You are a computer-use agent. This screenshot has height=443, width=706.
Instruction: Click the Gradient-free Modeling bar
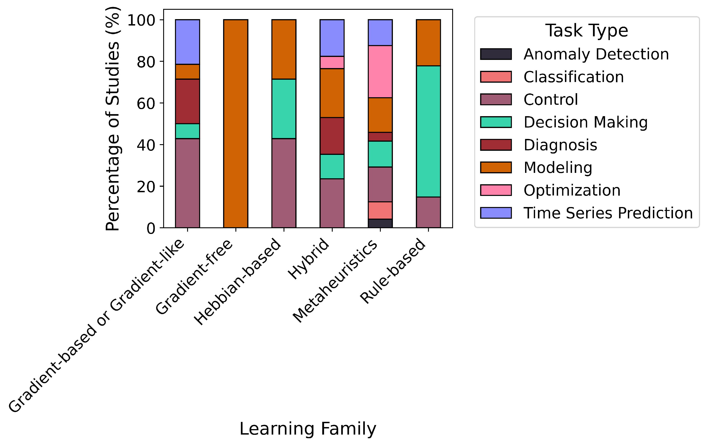pos(235,123)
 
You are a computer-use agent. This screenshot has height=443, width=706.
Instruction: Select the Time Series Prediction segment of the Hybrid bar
pos(332,38)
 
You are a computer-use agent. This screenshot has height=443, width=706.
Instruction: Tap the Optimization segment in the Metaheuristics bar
pos(380,72)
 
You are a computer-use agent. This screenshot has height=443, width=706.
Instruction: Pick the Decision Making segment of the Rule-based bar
pos(428,131)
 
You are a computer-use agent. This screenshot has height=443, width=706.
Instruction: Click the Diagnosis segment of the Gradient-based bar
pos(187,101)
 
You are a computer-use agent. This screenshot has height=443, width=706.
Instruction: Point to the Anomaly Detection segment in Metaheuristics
pos(380,223)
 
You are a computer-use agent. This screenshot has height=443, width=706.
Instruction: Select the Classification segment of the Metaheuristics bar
pos(380,210)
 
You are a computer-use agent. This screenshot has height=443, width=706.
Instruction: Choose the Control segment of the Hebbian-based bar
pos(284,183)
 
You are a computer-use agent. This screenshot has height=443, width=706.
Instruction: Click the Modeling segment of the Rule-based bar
pos(428,43)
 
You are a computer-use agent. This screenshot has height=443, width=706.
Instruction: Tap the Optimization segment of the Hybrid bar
pos(332,62)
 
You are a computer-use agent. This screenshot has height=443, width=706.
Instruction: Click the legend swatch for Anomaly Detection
pos(496,54)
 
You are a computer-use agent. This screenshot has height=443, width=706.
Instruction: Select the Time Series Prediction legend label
pos(608,213)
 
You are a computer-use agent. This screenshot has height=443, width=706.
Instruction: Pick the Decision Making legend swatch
pos(496,122)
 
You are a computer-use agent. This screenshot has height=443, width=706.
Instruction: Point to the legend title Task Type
pos(586,31)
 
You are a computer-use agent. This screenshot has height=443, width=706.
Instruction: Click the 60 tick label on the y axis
pos(146,104)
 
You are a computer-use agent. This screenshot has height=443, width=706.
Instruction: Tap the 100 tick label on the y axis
pos(141,20)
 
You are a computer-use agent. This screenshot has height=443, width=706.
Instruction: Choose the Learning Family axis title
pos(308,429)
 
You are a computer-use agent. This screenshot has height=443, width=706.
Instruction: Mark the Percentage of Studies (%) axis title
pos(113,119)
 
